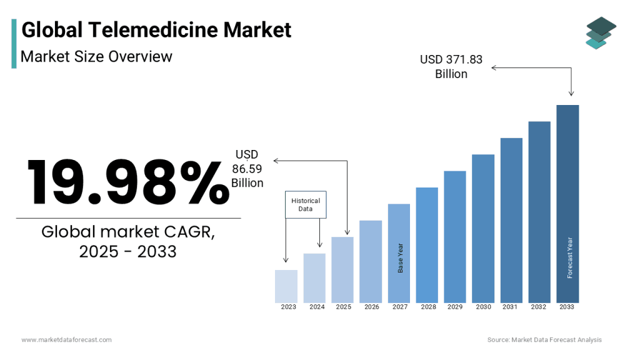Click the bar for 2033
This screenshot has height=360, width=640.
pos(567,203)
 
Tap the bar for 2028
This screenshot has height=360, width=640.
pos(427,244)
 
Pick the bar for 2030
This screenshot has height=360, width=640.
pos(483,228)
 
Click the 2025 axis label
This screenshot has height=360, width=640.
pos(344,307)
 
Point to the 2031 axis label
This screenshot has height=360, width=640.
pos(510,307)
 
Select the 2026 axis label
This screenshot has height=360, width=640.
pos(372,307)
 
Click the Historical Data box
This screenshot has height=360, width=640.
pos(306,204)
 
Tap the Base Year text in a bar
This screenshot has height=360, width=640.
pos(401,257)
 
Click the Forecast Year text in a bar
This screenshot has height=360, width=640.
pos(569,257)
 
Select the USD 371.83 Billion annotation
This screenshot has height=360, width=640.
pos(451,66)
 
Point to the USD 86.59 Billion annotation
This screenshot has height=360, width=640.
pos(247,169)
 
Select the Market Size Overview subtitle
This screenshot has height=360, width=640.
pos(96,56)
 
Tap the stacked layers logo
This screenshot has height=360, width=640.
pos(601,32)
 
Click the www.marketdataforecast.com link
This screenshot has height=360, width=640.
pos(66,339)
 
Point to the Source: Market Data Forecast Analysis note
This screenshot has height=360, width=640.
pos(544,339)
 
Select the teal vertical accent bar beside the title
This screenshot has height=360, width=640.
pos(14,43)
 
